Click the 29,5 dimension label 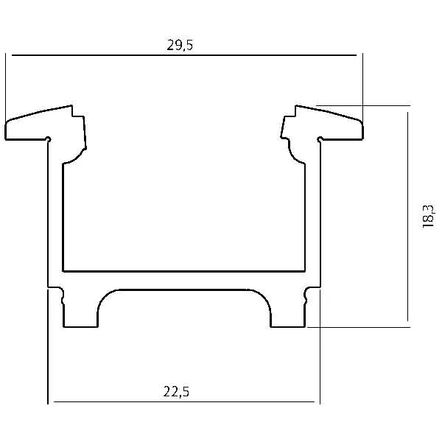click(180, 45)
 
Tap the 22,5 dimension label click(176, 392)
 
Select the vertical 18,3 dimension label click(428, 217)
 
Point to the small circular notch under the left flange click(48, 139)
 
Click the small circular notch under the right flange click(320, 139)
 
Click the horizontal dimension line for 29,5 click(184, 55)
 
